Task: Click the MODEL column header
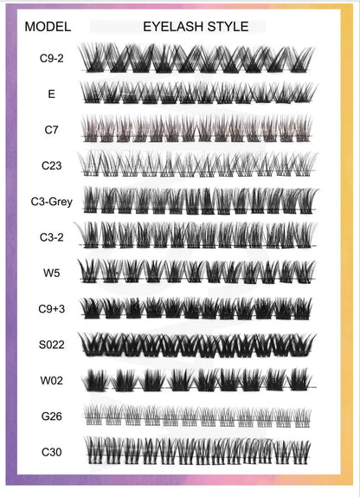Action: (47, 27)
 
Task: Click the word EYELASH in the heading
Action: (172, 27)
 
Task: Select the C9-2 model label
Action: (51, 59)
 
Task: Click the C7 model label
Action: (51, 129)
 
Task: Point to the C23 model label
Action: (51, 164)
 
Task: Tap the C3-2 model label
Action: (51, 236)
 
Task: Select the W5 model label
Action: (51, 270)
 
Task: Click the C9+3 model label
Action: (51, 308)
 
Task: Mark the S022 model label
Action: (51, 344)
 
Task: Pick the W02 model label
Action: (51, 379)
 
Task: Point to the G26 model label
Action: (51, 415)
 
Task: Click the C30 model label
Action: (51, 451)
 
